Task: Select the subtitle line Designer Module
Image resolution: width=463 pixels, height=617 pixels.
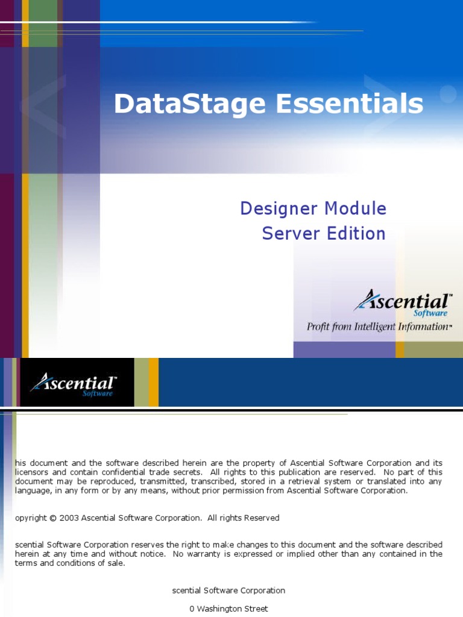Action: pos(313,208)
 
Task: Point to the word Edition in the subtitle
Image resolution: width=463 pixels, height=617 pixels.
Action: pos(356,233)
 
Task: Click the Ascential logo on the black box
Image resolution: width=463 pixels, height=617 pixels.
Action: pos(74,384)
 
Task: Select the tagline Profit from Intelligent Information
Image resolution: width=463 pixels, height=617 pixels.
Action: pos(379,327)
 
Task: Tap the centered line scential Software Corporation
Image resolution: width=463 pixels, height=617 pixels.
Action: pos(228,590)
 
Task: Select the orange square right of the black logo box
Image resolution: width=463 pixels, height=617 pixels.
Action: pos(154,382)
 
